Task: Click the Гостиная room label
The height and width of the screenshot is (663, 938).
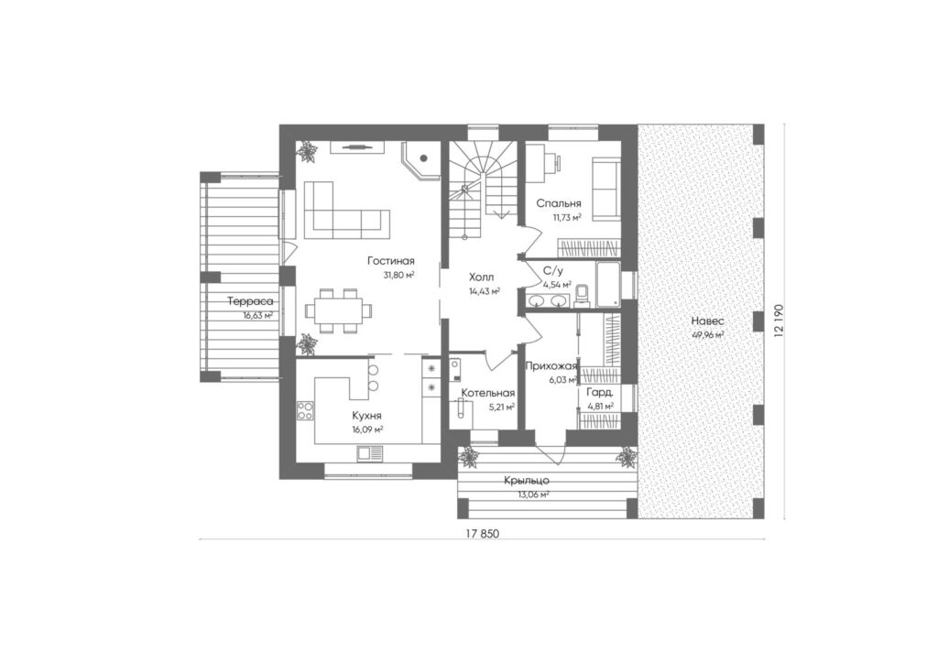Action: pyautogui.click(x=390, y=261)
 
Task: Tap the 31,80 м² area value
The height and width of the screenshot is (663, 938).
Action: pyautogui.click(x=399, y=275)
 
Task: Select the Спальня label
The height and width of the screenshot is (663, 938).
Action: pyautogui.click(x=559, y=204)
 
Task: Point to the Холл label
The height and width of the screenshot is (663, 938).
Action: pyautogui.click(x=482, y=277)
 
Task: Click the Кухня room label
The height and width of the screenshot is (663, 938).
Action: pyautogui.click(x=367, y=416)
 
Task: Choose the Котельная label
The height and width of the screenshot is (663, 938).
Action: pyautogui.click(x=487, y=394)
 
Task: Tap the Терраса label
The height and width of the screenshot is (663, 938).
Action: pyautogui.click(x=250, y=302)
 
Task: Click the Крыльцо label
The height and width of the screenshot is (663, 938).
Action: pyautogui.click(x=527, y=481)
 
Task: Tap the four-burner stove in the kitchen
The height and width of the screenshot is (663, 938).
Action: pyautogui.click(x=305, y=411)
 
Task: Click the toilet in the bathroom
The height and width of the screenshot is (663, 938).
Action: pyautogui.click(x=582, y=297)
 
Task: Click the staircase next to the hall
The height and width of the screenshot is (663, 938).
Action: pyautogui.click(x=482, y=187)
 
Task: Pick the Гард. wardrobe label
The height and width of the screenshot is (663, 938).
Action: pyautogui.click(x=599, y=394)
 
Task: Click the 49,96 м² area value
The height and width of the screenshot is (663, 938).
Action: pyautogui.click(x=708, y=335)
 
